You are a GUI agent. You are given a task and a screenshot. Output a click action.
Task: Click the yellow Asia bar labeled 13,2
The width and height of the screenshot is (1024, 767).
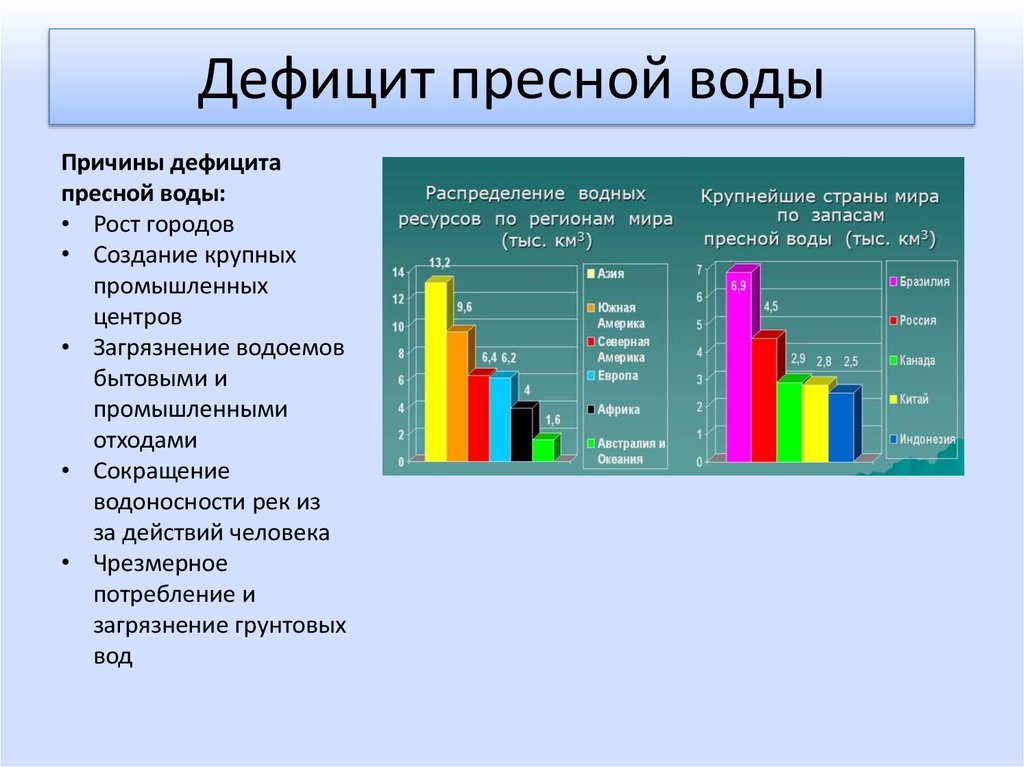pos(437,370)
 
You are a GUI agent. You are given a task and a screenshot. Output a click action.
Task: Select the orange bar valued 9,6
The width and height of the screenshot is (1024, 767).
pos(458,395)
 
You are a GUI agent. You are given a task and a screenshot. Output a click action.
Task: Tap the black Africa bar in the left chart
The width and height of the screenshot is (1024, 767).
pos(522,432)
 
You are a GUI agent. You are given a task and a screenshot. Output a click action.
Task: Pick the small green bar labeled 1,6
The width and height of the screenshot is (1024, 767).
pos(544,449)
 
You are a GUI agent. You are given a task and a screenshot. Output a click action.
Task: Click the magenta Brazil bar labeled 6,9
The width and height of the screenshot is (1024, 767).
pos(740,364)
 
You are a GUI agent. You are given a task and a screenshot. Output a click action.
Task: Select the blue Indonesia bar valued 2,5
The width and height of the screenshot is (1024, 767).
pos(842,425)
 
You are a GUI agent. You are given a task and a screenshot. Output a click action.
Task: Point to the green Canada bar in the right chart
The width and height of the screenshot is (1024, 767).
pos(791,419)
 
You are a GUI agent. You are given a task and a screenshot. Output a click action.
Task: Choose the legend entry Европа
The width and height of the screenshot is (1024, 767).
pos(612,376)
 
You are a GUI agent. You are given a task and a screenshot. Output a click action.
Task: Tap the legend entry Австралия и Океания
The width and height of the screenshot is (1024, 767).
pos(626,451)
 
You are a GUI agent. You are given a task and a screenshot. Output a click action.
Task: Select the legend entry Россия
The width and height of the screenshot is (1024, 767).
pos(913,320)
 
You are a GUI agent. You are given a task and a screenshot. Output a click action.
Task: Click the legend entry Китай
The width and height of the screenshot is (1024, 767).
pos(908,399)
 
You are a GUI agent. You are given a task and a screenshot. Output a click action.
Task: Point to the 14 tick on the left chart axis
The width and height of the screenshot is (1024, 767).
pos(398,272)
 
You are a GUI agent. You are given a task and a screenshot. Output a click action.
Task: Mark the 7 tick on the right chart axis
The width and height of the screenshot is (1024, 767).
pos(699,269)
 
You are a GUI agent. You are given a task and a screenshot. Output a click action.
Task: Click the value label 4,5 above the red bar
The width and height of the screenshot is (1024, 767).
pos(771,306)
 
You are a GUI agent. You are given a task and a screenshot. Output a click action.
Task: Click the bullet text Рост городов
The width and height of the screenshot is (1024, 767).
pos(163,225)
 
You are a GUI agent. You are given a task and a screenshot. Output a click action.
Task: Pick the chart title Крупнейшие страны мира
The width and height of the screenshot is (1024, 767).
pos(820,196)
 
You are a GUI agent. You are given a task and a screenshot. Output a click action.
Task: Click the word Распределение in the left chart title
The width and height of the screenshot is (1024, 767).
pos(495,193)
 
